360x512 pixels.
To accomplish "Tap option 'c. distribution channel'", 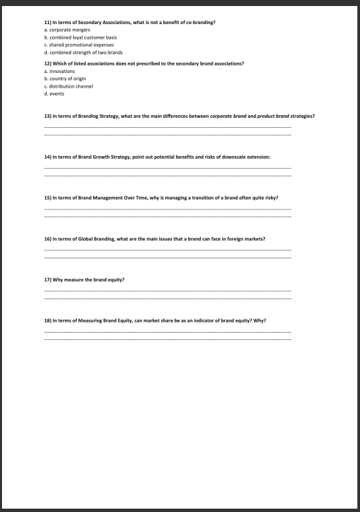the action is pyautogui.click(x=68, y=86).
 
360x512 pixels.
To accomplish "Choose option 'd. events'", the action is pyautogui.click(x=54, y=94).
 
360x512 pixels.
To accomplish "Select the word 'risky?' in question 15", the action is pyautogui.click(x=270, y=197).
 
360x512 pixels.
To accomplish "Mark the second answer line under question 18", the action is pyautogui.click(x=167, y=340).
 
